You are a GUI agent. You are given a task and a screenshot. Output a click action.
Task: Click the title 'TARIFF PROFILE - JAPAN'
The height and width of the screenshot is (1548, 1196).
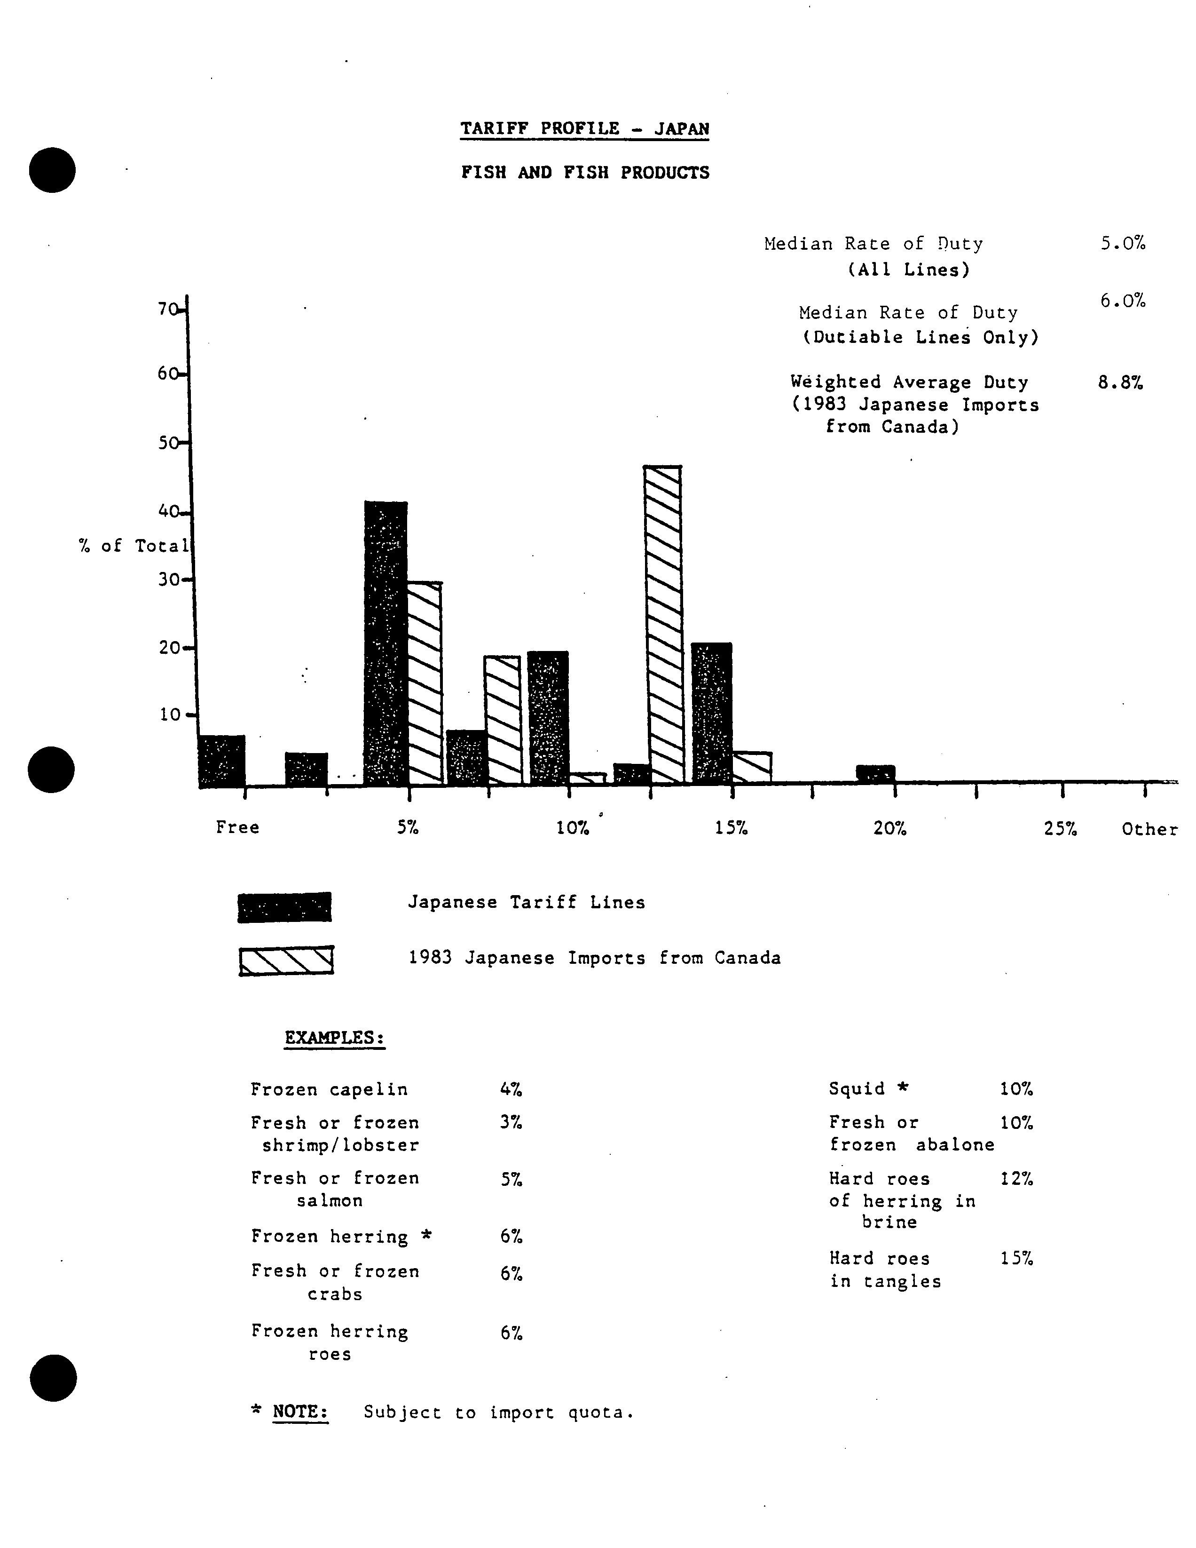coord(584,129)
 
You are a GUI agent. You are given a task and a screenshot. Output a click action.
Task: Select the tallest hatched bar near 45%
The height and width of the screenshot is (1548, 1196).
coord(665,624)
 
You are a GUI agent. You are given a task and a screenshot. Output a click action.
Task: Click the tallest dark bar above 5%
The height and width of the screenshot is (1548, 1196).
coord(386,642)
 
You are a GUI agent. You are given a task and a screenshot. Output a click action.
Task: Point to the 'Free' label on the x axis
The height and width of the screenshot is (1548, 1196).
coord(237,827)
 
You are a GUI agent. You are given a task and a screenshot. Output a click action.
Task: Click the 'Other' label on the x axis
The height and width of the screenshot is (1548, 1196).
coord(1149,829)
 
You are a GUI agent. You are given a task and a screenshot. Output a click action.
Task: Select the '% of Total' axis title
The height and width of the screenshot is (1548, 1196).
coord(134,546)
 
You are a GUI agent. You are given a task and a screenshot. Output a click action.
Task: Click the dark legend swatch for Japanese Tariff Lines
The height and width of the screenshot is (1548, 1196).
coord(284,907)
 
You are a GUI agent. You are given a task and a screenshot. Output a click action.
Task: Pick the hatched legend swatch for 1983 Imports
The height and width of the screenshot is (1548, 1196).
coord(286,961)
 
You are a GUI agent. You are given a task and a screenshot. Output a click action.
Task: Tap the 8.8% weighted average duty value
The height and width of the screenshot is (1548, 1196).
coord(1120,383)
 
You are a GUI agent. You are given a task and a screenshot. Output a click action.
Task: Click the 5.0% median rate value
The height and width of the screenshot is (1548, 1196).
coord(1122,244)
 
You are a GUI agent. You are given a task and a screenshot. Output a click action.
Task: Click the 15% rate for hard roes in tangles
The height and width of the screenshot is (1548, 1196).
coord(1016,1258)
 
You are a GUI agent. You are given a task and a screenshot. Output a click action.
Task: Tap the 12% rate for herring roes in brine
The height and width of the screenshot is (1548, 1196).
coord(1016,1179)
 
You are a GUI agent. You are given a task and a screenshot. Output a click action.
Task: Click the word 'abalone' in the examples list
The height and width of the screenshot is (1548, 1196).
coord(955,1145)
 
